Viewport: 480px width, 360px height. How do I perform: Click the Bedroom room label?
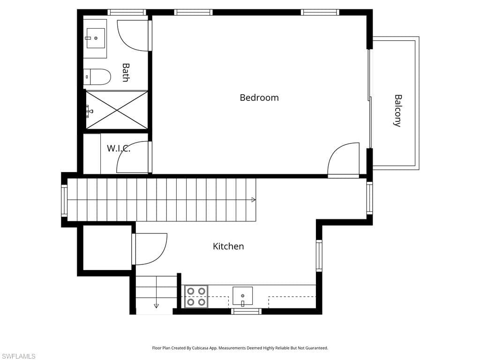[x=259, y=97]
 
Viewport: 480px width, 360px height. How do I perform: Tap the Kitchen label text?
[x=228, y=246]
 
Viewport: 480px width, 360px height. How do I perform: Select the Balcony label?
[x=397, y=111]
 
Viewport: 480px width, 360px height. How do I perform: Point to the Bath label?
[x=126, y=73]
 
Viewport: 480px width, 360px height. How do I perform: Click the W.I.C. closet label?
[x=119, y=149]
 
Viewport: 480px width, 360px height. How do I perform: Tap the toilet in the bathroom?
[x=97, y=77]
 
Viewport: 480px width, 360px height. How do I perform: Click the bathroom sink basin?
[x=95, y=38]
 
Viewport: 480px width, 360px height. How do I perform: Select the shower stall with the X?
[x=117, y=110]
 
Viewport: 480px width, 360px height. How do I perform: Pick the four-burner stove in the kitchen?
[x=196, y=297]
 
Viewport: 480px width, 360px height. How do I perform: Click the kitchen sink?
[x=242, y=296]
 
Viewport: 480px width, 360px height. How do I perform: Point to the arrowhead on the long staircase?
[x=254, y=200]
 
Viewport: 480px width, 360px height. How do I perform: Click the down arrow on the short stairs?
[x=156, y=306]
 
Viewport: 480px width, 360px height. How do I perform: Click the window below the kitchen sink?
[x=246, y=312]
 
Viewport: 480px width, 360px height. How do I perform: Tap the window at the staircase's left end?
[x=64, y=200]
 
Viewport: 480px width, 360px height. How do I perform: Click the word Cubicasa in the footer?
[x=200, y=348]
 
